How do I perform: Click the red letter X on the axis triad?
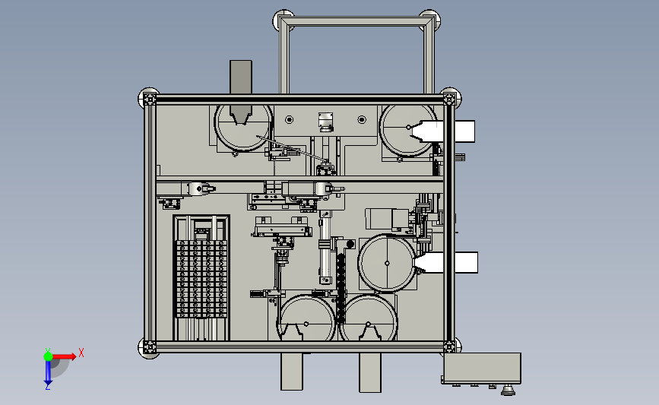tap(81, 353)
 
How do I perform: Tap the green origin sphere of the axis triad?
tap(49, 356)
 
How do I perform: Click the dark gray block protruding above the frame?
tap(241, 77)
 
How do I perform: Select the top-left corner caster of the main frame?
tap(148, 97)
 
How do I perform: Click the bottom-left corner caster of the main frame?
tap(148, 348)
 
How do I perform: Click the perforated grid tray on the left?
tap(201, 279)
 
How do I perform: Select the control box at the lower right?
tap(482, 368)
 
